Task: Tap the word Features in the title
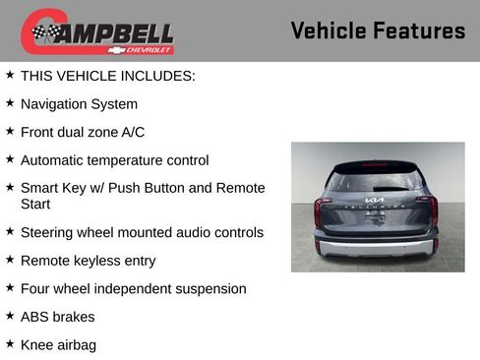[x=420, y=30]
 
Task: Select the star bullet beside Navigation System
[x=10, y=103]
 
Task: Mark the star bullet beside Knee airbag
[x=10, y=344]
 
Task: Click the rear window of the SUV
[x=377, y=180]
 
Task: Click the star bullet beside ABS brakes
[x=10, y=316]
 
